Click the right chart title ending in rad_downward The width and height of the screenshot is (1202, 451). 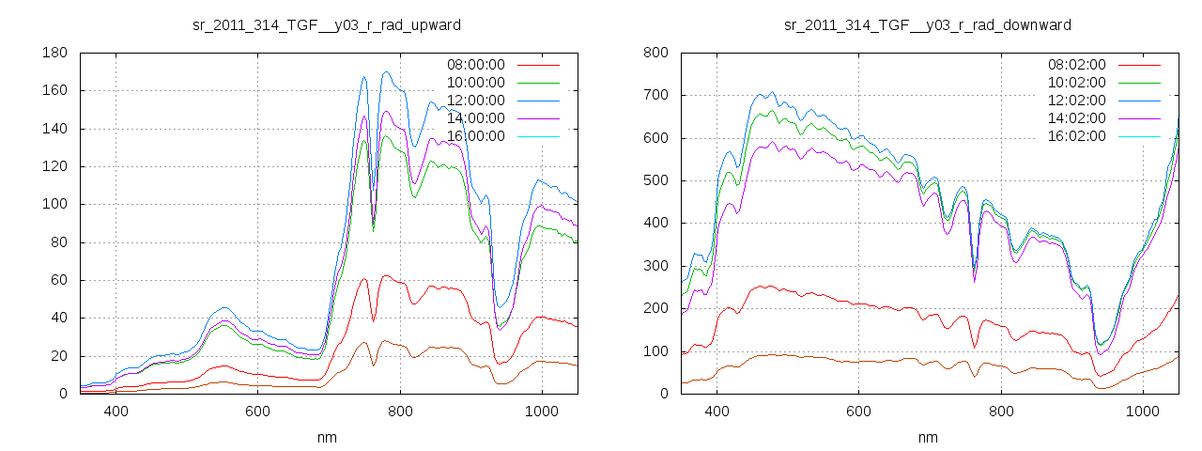pos(928,24)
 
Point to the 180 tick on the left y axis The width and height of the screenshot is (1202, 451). pos(54,53)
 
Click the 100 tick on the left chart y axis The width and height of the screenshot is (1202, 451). pos(54,204)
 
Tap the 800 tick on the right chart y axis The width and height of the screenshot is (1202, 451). pos(655,53)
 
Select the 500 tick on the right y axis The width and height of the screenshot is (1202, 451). pos(655,180)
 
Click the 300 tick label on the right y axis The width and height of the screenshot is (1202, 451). pos(655,266)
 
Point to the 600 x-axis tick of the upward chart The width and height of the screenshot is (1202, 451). pos(258,411)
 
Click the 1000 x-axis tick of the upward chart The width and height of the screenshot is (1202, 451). pos(542,411)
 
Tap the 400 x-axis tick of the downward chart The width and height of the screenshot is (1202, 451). pos(717,411)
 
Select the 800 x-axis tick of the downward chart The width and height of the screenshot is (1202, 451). pos(1001,411)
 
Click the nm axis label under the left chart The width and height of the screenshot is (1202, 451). pos(327,437)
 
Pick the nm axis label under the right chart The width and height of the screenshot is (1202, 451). pos(928,437)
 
